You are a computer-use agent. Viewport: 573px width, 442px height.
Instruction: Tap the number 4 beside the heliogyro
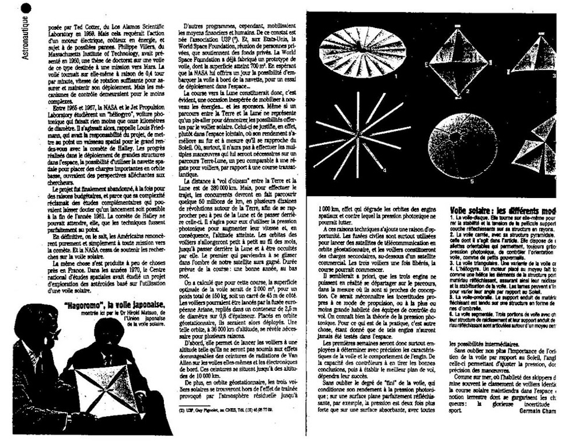pyautogui.click(x=385, y=169)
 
